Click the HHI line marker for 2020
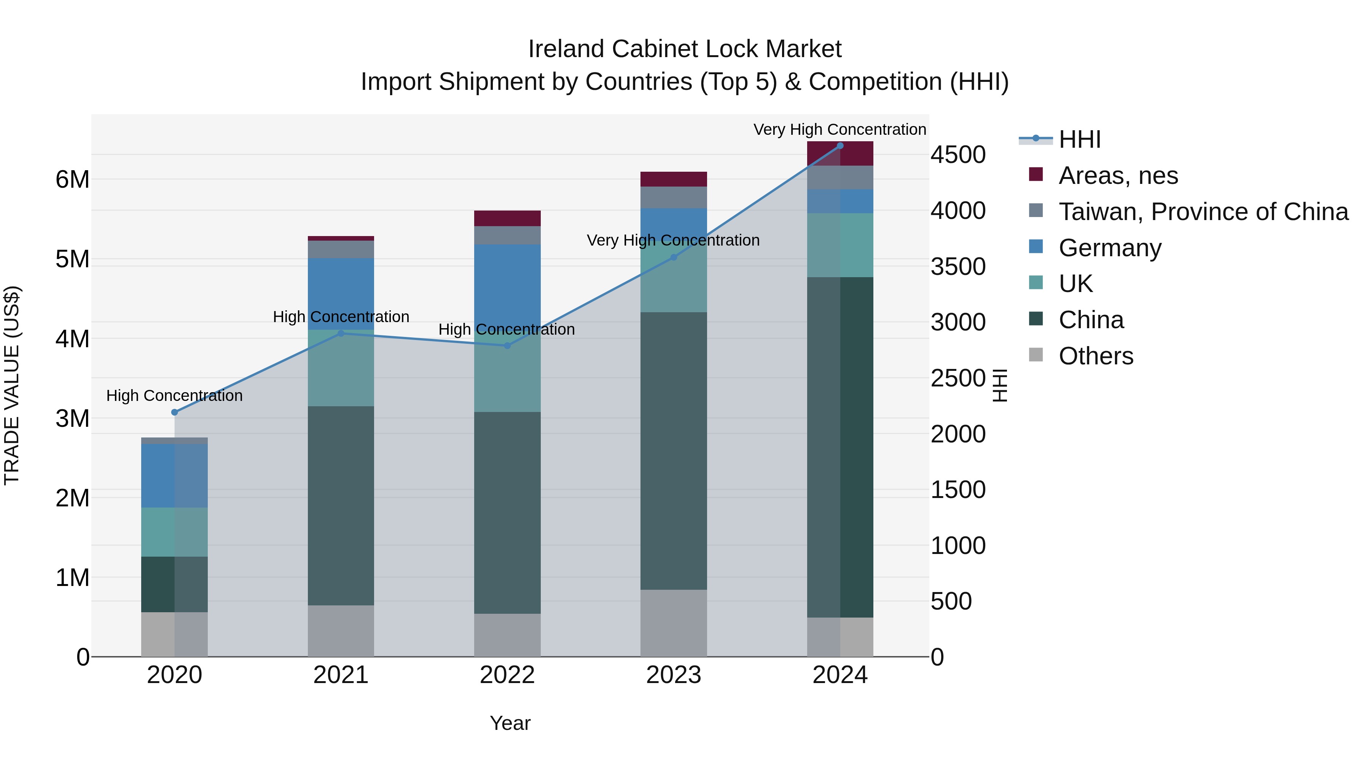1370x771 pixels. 174,412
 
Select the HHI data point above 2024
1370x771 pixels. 840,145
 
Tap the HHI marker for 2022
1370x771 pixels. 507,345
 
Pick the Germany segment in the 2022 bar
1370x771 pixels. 507,287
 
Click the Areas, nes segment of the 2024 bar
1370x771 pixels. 840,153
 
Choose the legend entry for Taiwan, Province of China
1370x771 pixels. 1203,211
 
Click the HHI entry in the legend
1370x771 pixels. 1079,139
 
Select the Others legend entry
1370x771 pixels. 1096,356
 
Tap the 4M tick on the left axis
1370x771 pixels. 72,338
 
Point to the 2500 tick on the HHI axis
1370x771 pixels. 957,378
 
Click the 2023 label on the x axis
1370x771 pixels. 673,675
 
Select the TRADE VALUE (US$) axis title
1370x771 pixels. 12,385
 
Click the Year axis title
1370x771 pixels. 510,723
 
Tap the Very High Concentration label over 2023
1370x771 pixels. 673,240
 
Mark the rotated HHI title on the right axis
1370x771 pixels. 1000,385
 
